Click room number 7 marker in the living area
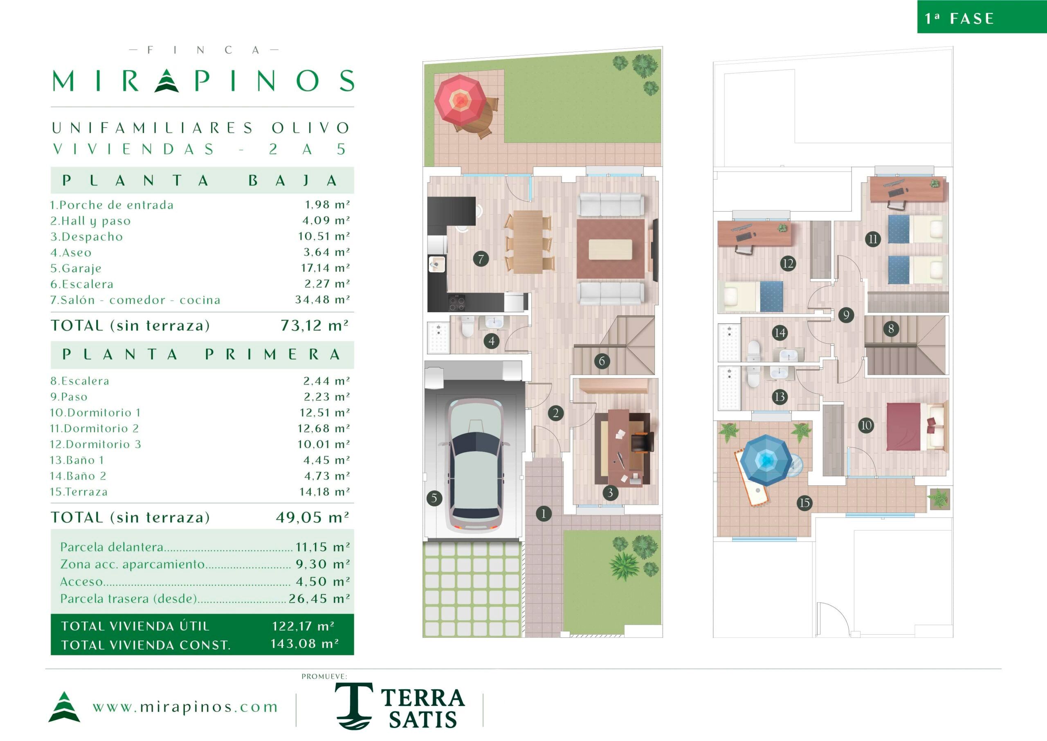[481, 259]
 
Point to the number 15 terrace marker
[804, 503]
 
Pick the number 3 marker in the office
[610, 492]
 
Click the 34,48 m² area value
[322, 300]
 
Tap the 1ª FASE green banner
[982, 17]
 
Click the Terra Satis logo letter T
[353, 705]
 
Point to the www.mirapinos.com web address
[185, 707]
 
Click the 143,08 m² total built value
[304, 643]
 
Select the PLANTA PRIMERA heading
[202, 354]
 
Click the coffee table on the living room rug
[610, 249]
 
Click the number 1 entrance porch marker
[543, 514]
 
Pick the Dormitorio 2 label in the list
[94, 428]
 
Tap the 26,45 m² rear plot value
[319, 598]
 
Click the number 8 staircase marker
[891, 329]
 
